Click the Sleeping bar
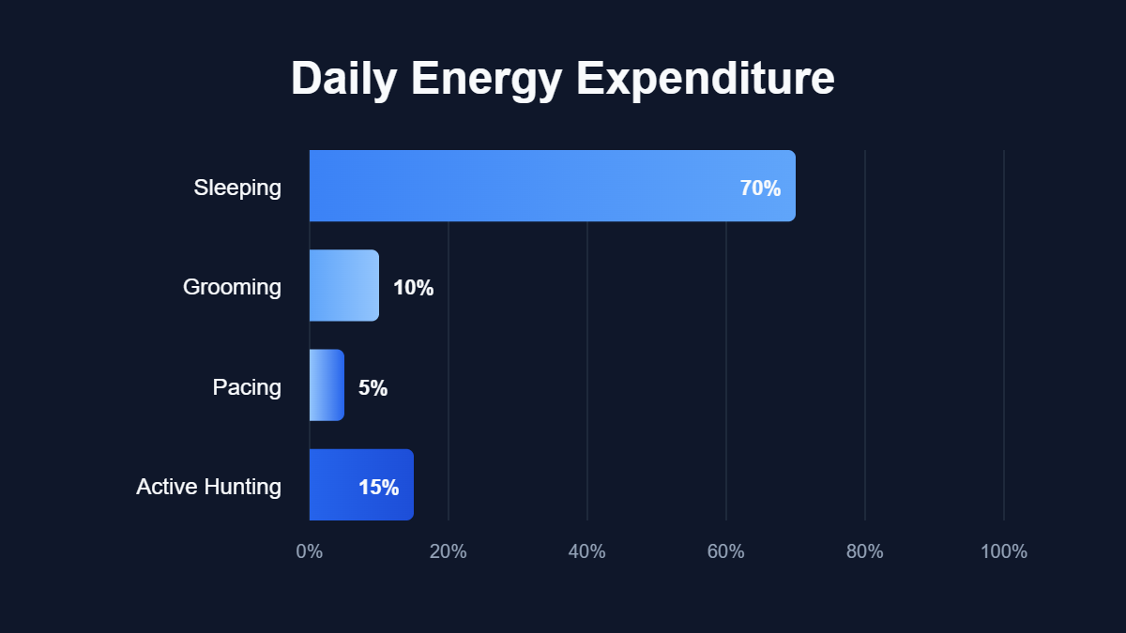552,186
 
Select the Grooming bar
344,286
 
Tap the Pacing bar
327,385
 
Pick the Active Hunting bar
361,485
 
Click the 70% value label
760,188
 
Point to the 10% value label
413,288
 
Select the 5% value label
373,388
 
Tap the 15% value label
378,488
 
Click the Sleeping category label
237,188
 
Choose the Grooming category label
232,287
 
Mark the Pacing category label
247,387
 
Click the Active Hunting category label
208,487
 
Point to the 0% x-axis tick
310,551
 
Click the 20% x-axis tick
449,551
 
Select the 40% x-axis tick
587,551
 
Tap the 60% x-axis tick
726,551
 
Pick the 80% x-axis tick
865,551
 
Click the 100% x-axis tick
1004,551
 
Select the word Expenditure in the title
706,79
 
